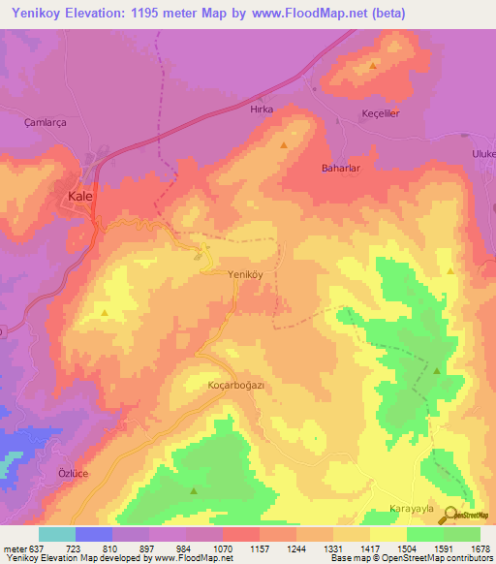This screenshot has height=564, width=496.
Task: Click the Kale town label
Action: (x=79, y=196)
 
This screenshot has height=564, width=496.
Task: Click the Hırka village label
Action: (x=262, y=110)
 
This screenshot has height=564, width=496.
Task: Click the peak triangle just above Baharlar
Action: (x=284, y=145)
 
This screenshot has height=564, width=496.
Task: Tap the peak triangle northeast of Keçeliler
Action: (x=373, y=66)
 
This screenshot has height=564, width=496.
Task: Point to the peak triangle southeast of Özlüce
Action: (x=193, y=490)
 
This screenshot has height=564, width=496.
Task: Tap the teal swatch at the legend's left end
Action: (x=57, y=534)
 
